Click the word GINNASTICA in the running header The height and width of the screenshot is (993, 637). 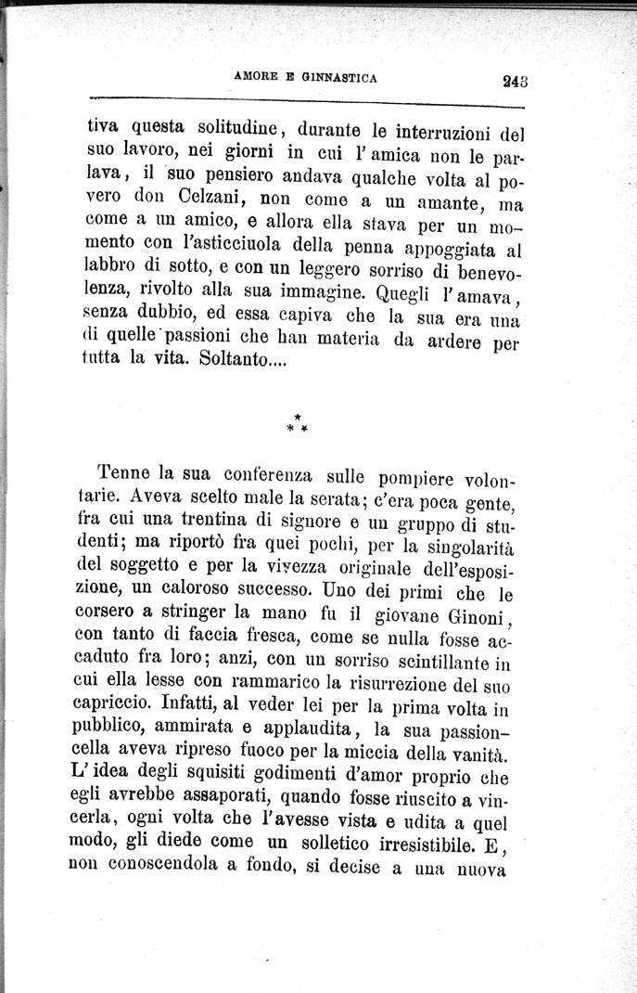(338, 79)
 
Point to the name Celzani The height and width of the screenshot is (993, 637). (210, 201)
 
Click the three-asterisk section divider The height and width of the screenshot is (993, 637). (297, 426)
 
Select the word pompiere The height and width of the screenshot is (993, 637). (416, 480)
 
